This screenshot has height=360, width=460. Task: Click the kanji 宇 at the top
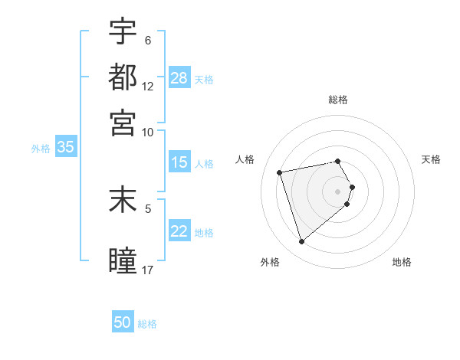click(123, 31)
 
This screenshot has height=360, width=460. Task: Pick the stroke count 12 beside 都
click(148, 86)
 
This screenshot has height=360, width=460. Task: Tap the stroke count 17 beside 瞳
click(148, 269)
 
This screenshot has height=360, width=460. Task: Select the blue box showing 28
click(179, 77)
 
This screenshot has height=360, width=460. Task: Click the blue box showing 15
click(179, 162)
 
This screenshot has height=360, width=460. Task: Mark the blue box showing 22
click(179, 231)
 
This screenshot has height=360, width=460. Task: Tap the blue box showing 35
click(64, 148)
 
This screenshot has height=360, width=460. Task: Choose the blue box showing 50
click(123, 322)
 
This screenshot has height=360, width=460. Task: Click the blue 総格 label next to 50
click(147, 324)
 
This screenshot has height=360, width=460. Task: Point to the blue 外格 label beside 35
click(41, 149)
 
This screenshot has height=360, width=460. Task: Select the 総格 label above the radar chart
click(338, 100)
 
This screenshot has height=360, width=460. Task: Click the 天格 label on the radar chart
click(431, 159)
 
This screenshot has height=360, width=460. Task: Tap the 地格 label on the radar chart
click(402, 262)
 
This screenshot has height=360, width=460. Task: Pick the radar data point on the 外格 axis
click(301, 242)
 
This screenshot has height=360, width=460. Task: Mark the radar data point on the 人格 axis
click(280, 172)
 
